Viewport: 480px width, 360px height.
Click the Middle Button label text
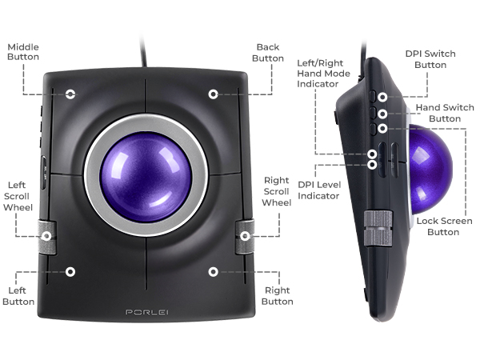tap(23, 52)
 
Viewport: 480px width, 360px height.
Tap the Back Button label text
tap(268, 53)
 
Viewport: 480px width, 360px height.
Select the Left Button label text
tap(18, 296)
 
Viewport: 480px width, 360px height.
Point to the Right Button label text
tap(278, 296)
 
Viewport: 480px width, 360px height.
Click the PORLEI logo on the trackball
tap(147, 312)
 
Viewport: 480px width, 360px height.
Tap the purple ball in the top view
tap(146, 177)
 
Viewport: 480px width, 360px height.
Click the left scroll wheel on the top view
tap(47, 236)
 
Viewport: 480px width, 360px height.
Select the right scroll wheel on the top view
tap(245, 236)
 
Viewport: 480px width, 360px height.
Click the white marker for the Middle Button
tap(70, 94)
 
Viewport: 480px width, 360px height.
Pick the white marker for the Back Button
tap(214, 94)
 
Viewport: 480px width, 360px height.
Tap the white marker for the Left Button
tap(70, 272)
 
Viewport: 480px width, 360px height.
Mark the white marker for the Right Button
tap(214, 272)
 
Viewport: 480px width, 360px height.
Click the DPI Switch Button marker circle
tap(382, 98)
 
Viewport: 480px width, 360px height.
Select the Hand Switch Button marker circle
tap(382, 114)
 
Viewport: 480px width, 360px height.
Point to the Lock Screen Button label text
tap(444, 226)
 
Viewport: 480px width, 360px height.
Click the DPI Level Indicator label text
tap(319, 190)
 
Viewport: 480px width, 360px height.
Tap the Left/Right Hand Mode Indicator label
tap(323, 74)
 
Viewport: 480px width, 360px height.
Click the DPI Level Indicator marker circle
tap(372, 165)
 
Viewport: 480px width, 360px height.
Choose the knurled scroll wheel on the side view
tap(378, 228)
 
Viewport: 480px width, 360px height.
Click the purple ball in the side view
tap(430, 169)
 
